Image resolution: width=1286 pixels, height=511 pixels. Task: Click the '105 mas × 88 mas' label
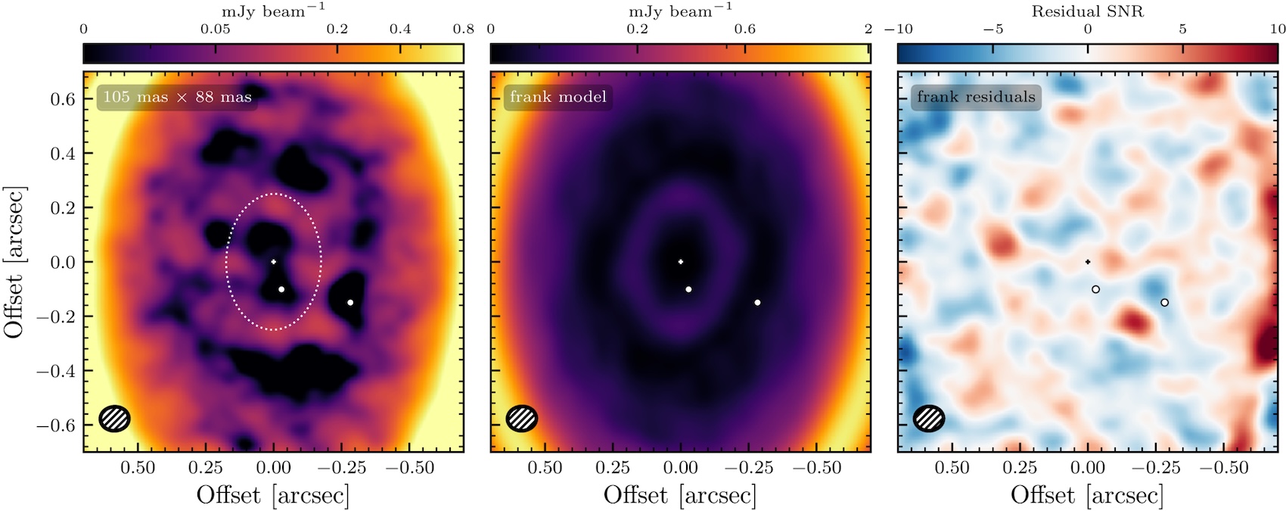pyautogui.click(x=178, y=97)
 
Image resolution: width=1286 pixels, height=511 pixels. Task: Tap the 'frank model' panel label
pyautogui.click(x=558, y=97)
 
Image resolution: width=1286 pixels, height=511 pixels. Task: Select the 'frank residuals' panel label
pyautogui.click(x=976, y=97)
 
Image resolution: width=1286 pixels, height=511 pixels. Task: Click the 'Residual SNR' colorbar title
pyautogui.click(x=1087, y=11)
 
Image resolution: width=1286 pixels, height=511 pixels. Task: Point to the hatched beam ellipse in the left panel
pyautogui.click(x=115, y=419)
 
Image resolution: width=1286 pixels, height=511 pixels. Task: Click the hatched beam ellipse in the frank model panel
pyautogui.click(x=522, y=419)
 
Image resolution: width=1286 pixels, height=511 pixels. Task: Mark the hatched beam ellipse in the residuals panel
pyautogui.click(x=929, y=419)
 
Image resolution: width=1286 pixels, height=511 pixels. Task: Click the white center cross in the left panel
pyautogui.click(x=274, y=262)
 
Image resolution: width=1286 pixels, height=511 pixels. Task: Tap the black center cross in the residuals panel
pyautogui.click(x=1088, y=262)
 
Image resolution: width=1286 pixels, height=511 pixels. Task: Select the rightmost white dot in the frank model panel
pyautogui.click(x=758, y=302)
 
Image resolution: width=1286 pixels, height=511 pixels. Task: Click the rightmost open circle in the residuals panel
pyautogui.click(x=1165, y=302)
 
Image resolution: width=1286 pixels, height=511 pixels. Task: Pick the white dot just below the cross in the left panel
pyautogui.click(x=281, y=289)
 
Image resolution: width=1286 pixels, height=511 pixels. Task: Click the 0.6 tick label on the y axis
pyautogui.click(x=64, y=99)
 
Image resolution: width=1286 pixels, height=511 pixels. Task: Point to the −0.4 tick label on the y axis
pyautogui.click(x=57, y=371)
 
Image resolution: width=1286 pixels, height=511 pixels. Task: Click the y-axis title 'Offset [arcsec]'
pyautogui.click(x=14, y=262)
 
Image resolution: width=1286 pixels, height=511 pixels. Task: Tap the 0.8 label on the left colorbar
pyautogui.click(x=463, y=29)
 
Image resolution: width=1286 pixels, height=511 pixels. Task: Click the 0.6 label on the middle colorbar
pyautogui.click(x=744, y=29)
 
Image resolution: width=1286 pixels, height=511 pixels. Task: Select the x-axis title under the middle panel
pyautogui.click(x=680, y=495)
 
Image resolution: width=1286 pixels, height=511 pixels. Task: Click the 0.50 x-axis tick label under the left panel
pyautogui.click(x=138, y=468)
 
